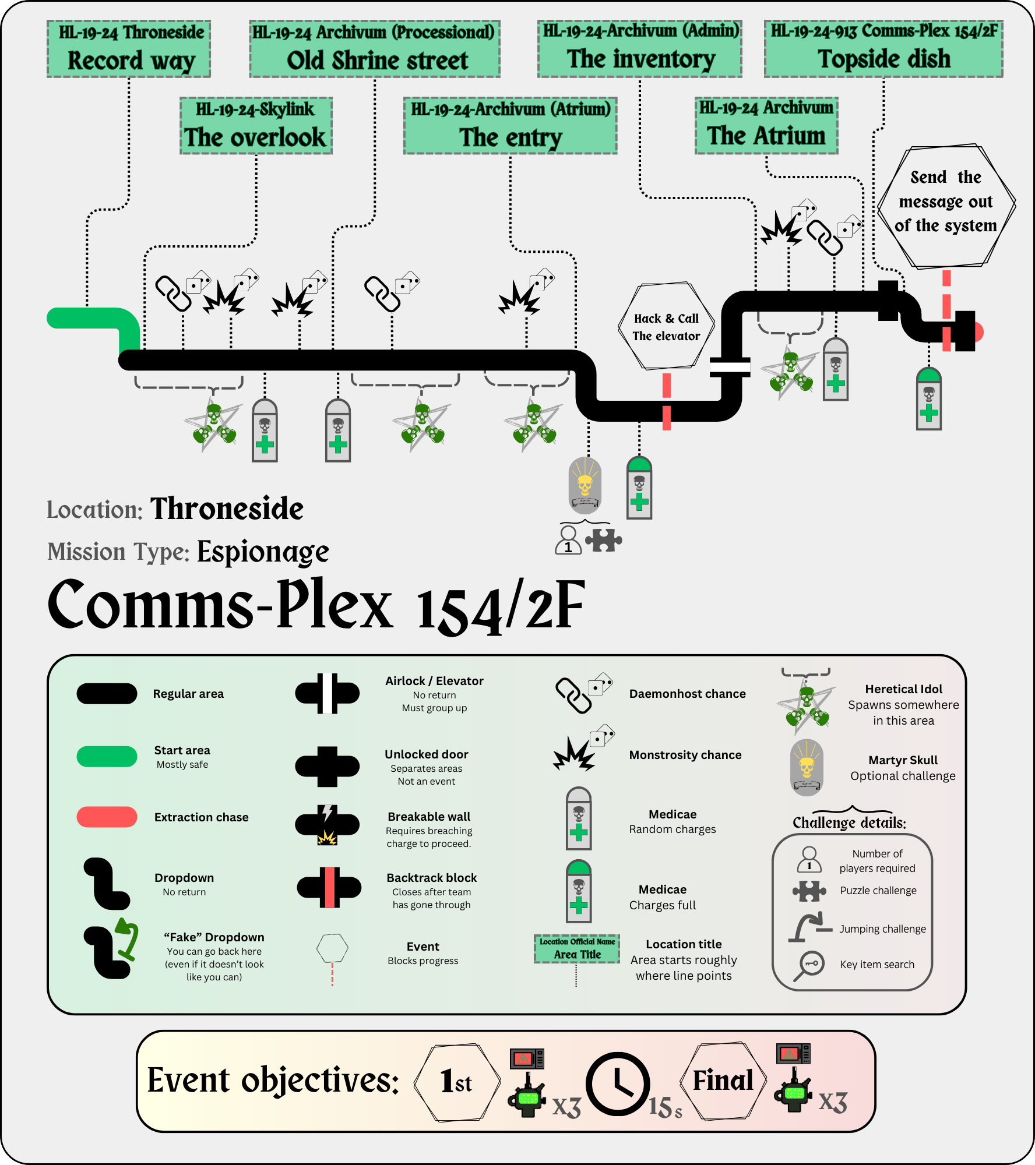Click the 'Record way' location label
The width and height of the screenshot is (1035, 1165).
pyautogui.click(x=129, y=50)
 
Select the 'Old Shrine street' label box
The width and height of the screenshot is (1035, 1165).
pyautogui.click(x=375, y=50)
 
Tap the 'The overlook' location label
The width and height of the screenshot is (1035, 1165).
pyautogui.click(x=256, y=126)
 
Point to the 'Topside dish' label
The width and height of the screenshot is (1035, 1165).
pyautogui.click(x=883, y=48)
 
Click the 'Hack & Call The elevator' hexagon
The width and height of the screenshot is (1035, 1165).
pyautogui.click(x=666, y=327)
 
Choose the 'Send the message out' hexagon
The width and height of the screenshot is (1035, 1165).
pyautogui.click(x=946, y=206)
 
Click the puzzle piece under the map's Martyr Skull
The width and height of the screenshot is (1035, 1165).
pyautogui.click(x=603, y=540)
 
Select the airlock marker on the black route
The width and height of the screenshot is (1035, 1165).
pyautogui.click(x=730, y=366)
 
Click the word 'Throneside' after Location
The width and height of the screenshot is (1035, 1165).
pyautogui.click(x=227, y=509)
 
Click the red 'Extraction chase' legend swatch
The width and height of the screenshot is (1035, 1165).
pyautogui.click(x=107, y=817)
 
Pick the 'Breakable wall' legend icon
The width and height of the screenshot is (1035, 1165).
pyautogui.click(x=328, y=825)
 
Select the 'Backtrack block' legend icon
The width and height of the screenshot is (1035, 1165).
pyautogui.click(x=329, y=887)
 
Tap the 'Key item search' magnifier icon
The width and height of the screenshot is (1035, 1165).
pyautogui.click(x=809, y=966)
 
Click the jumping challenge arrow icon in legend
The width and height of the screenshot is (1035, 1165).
pyautogui.click(x=809, y=927)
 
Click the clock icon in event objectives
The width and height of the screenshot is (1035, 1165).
pyautogui.click(x=618, y=1084)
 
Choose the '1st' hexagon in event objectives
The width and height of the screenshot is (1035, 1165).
pyautogui.click(x=457, y=1082)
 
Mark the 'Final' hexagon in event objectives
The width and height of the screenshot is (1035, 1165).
pyautogui.click(x=723, y=1081)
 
